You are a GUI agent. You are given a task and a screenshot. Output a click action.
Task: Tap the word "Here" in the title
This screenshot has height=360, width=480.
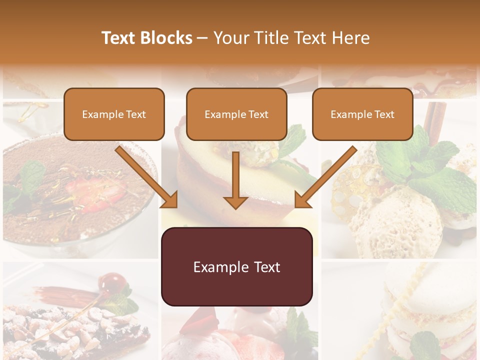(x=352, y=38)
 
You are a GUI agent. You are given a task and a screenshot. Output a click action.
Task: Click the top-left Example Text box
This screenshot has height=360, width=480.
(x=114, y=114)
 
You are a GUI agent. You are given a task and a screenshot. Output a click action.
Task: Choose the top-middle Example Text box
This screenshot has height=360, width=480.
(x=236, y=114)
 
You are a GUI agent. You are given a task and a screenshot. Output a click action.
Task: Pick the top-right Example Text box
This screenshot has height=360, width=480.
(x=362, y=114)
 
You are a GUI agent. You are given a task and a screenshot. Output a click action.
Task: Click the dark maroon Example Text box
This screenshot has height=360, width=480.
(x=236, y=266)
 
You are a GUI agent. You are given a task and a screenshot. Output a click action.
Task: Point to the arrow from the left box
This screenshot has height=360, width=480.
(x=147, y=177)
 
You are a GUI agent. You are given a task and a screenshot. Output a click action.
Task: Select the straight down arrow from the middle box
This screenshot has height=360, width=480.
(x=235, y=180)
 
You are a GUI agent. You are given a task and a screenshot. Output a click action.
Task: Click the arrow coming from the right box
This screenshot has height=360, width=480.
(x=325, y=177)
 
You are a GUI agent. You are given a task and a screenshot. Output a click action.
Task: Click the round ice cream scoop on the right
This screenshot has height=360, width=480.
(x=389, y=215)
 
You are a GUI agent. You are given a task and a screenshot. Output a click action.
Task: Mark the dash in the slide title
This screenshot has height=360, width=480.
(x=202, y=38)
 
